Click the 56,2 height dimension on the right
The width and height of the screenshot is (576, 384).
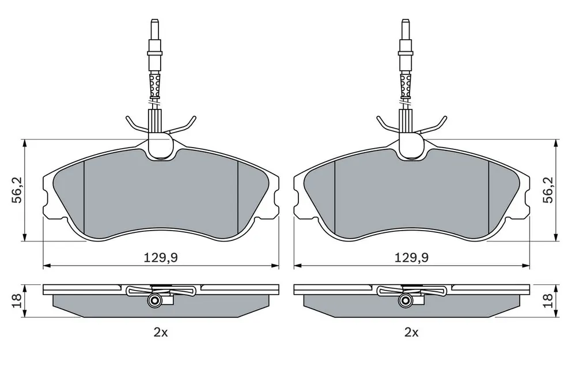(x=548, y=190)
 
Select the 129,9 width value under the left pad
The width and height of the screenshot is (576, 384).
(x=161, y=258)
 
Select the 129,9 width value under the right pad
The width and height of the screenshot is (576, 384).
(x=411, y=258)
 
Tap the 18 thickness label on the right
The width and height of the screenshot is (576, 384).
(x=548, y=300)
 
